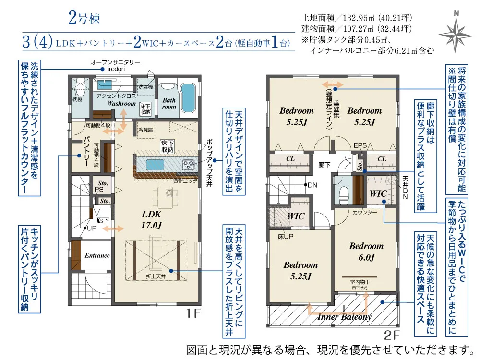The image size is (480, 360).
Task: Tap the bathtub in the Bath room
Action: (188, 97)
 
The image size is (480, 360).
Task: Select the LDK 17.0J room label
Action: (151, 219)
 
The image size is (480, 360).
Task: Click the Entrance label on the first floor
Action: (97, 255)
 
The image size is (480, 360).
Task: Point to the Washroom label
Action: (121, 103)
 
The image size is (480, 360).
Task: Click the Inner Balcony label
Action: (344, 316)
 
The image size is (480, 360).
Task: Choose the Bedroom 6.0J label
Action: (366, 252)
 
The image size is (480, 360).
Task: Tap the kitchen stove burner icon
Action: (187, 165)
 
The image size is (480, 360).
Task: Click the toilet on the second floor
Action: (344, 195)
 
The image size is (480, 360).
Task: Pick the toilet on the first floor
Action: (80, 87)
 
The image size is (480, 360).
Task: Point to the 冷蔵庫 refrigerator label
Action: (146, 130)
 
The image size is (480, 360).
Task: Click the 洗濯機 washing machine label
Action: (145, 87)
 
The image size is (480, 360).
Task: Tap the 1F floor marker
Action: (193, 313)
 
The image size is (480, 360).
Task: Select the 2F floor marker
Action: (392, 335)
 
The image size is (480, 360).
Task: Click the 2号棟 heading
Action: (84, 18)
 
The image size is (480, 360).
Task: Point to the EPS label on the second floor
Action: (360, 146)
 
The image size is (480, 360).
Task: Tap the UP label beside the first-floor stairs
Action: (92, 228)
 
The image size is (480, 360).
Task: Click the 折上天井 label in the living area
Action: (156, 276)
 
